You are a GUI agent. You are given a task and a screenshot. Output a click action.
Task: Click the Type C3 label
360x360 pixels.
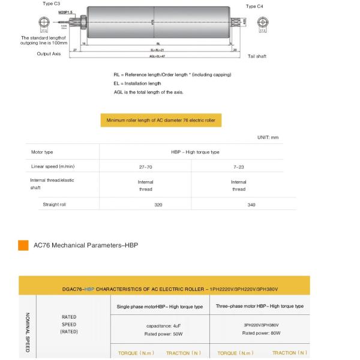[52, 4]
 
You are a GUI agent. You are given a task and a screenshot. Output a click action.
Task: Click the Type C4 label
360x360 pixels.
[255, 5]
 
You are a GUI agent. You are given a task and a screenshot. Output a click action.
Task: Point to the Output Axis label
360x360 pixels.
[50, 53]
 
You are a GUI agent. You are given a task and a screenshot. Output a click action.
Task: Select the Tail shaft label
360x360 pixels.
[257, 56]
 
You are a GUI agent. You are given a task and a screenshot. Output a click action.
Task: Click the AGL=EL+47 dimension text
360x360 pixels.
[158, 55]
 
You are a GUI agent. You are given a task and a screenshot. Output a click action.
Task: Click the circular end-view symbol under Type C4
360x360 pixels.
[263, 22]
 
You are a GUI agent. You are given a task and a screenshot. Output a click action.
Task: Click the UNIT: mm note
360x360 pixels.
[268, 137]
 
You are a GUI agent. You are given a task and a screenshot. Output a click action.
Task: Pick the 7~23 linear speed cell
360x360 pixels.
[238, 166]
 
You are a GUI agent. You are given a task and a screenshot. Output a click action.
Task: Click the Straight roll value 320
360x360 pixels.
[158, 205]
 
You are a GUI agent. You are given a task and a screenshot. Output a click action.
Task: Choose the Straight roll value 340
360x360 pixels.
[251, 205]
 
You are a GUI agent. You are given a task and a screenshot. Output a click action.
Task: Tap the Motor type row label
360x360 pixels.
[42, 152]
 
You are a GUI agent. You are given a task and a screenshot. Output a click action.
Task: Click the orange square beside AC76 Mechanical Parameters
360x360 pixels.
[23, 245]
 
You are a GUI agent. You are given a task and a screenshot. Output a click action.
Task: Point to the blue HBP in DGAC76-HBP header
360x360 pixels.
[89, 289]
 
